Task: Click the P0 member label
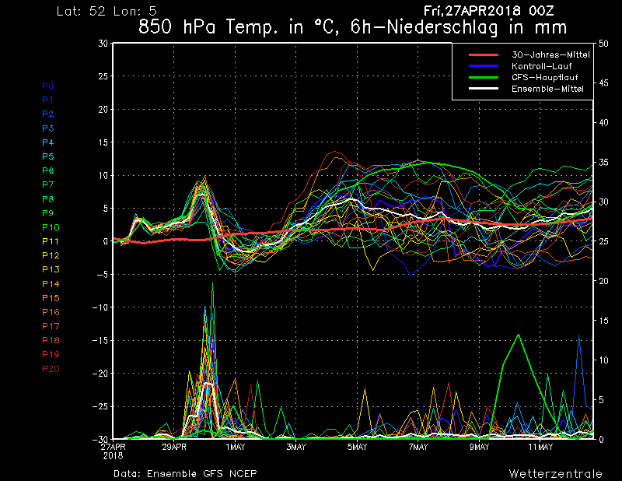click(x=48, y=86)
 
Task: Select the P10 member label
click(x=51, y=227)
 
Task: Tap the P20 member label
click(x=51, y=369)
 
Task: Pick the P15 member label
click(x=51, y=298)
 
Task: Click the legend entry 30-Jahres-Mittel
click(x=550, y=54)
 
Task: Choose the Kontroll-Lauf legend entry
click(x=541, y=66)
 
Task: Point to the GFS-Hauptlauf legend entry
click(x=545, y=77)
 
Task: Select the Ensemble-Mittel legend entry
click(x=547, y=89)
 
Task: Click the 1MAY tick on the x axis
click(x=236, y=447)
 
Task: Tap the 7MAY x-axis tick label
click(x=418, y=447)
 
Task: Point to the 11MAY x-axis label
click(x=540, y=447)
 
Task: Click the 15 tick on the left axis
click(x=103, y=142)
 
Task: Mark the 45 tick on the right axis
click(x=603, y=83)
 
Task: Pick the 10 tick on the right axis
click(x=603, y=360)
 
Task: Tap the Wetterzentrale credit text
click(x=556, y=473)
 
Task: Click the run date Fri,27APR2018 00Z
click(x=488, y=11)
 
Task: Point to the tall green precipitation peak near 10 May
click(x=519, y=335)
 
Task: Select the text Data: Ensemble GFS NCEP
click(x=185, y=473)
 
